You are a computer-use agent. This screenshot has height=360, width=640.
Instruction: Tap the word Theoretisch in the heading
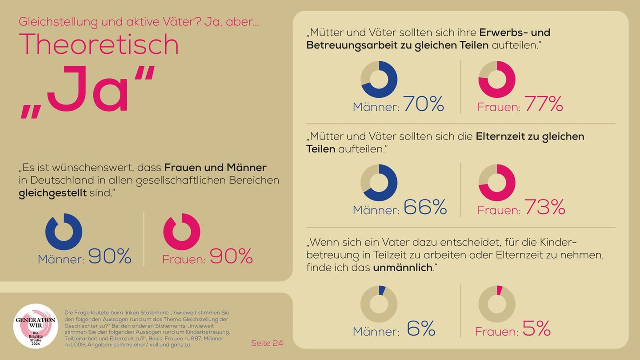pos(99,44)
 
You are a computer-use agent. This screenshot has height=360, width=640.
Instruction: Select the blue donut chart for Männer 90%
pos(64,232)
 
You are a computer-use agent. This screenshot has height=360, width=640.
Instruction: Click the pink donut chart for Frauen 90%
pos(181,232)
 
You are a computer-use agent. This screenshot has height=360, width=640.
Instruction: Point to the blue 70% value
pos(424,104)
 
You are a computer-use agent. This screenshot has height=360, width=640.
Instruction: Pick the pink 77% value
pos(544,104)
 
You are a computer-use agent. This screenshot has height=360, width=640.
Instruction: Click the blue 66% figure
pos(425,207)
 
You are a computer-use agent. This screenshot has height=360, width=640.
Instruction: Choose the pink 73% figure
pos(544,207)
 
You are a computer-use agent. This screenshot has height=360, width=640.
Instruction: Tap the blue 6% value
pos(421,329)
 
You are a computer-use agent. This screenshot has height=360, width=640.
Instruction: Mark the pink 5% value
pos(536,329)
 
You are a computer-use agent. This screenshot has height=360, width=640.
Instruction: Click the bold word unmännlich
pos(403,268)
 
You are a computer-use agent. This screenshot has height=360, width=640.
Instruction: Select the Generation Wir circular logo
pos(36,326)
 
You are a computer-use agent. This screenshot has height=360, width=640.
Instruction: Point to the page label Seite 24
pos(267,343)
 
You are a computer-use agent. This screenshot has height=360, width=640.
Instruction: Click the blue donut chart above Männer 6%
pos(379,304)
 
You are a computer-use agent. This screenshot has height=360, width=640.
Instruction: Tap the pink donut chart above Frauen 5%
pos(496,304)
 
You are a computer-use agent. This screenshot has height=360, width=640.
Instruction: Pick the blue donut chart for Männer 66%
pos(379,183)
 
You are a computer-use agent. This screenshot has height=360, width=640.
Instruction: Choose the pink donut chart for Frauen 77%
pos(496,80)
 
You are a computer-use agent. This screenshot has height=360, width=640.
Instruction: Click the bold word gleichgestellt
pos(52,193)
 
